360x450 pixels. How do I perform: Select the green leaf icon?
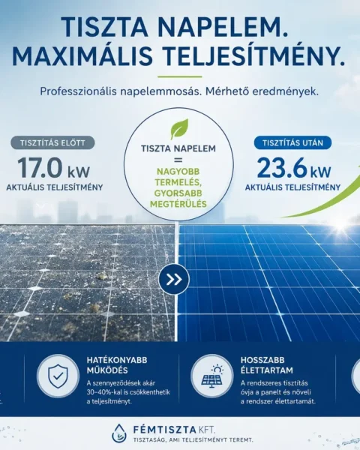click(179, 129)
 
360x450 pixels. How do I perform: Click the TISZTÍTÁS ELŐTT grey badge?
click(52, 142)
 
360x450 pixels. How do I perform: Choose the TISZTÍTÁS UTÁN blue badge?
click(292, 142)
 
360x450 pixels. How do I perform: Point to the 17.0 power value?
click(40, 168)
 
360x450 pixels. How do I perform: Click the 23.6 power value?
click(282, 168)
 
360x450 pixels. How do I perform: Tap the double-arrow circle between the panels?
click(174, 279)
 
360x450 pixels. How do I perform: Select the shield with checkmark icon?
click(58, 376)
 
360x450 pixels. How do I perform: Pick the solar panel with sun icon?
click(212, 376)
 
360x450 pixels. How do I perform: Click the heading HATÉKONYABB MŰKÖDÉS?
click(117, 365)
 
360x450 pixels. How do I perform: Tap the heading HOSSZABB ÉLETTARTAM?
click(267, 365)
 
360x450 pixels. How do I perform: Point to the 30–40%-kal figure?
click(103, 392)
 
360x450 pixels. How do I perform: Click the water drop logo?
click(119, 433)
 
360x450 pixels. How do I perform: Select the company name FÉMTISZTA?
click(164, 430)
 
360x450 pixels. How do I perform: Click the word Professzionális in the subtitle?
click(78, 91)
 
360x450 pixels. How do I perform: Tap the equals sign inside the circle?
click(178, 160)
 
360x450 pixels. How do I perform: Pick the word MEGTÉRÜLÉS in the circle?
click(178, 204)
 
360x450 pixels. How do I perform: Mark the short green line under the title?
click(180, 76)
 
